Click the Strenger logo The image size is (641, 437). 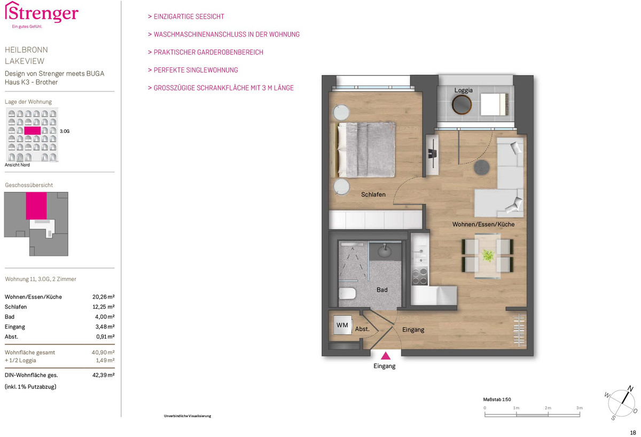point(42,14)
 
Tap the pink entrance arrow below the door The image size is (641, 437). point(386,356)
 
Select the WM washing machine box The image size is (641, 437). point(342,325)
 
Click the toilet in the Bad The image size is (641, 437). point(347,294)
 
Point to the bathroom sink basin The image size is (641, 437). point(385,251)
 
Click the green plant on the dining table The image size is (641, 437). point(488,255)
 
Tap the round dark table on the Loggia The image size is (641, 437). point(462,105)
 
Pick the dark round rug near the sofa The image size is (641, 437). point(482,167)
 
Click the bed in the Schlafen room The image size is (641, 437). point(363,150)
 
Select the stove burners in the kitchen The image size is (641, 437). point(419,276)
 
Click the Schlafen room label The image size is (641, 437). point(373,194)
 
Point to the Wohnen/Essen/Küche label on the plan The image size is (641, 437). point(483,224)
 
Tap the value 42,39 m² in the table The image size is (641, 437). point(103,375)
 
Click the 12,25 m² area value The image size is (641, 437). point(103,307)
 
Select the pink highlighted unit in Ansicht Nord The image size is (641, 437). point(33,130)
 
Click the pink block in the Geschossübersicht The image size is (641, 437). point(36,206)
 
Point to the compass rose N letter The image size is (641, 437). point(630,388)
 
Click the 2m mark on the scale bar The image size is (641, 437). point(548,408)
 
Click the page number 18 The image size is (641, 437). point(633,433)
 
